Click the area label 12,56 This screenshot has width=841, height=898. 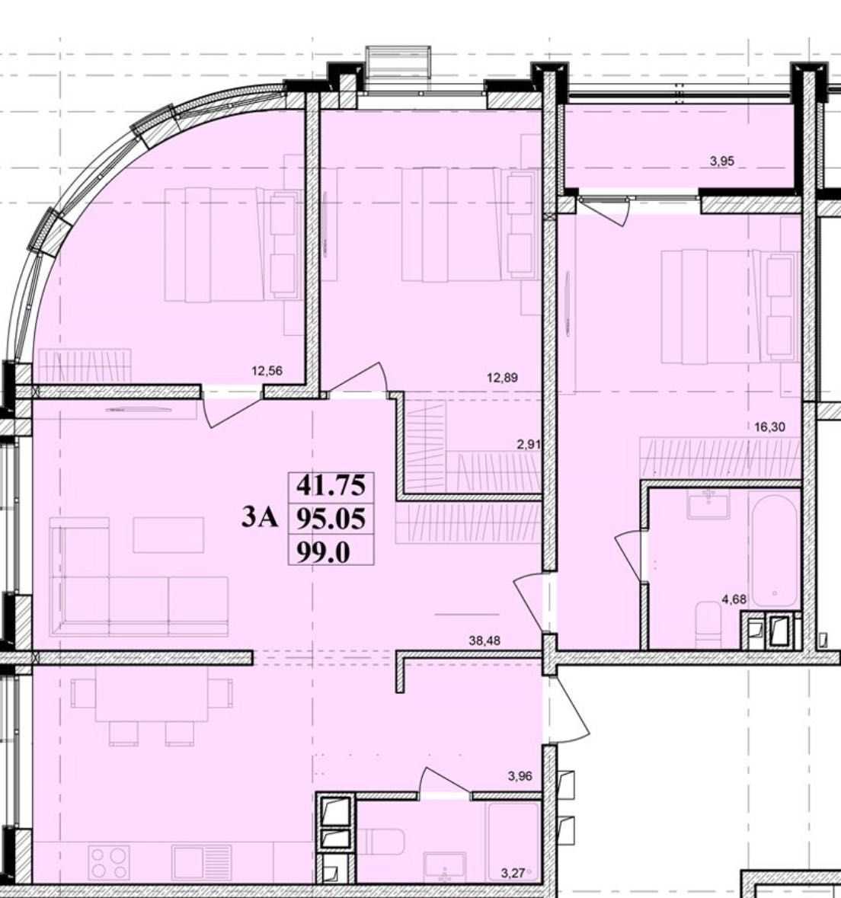pyautogui.click(x=267, y=370)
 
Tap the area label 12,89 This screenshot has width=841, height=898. pyautogui.click(x=502, y=378)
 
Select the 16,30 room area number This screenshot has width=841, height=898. pyautogui.click(x=769, y=427)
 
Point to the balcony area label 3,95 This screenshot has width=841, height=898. pyautogui.click(x=722, y=161)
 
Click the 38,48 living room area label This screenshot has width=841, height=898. pyautogui.click(x=484, y=641)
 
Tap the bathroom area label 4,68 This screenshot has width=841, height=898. pyautogui.click(x=734, y=599)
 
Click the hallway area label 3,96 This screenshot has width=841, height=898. pyautogui.click(x=520, y=777)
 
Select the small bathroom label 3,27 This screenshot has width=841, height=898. pyautogui.click(x=513, y=874)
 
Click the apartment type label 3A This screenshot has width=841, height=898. pyautogui.click(x=260, y=518)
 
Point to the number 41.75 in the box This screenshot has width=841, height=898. pyautogui.click(x=331, y=486)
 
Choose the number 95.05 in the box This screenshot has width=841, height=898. pyautogui.click(x=331, y=519)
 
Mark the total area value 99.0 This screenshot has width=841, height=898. pyautogui.click(x=322, y=553)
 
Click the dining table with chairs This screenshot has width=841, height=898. pyautogui.click(x=152, y=704)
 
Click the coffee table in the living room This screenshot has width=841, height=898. pyautogui.click(x=168, y=535)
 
